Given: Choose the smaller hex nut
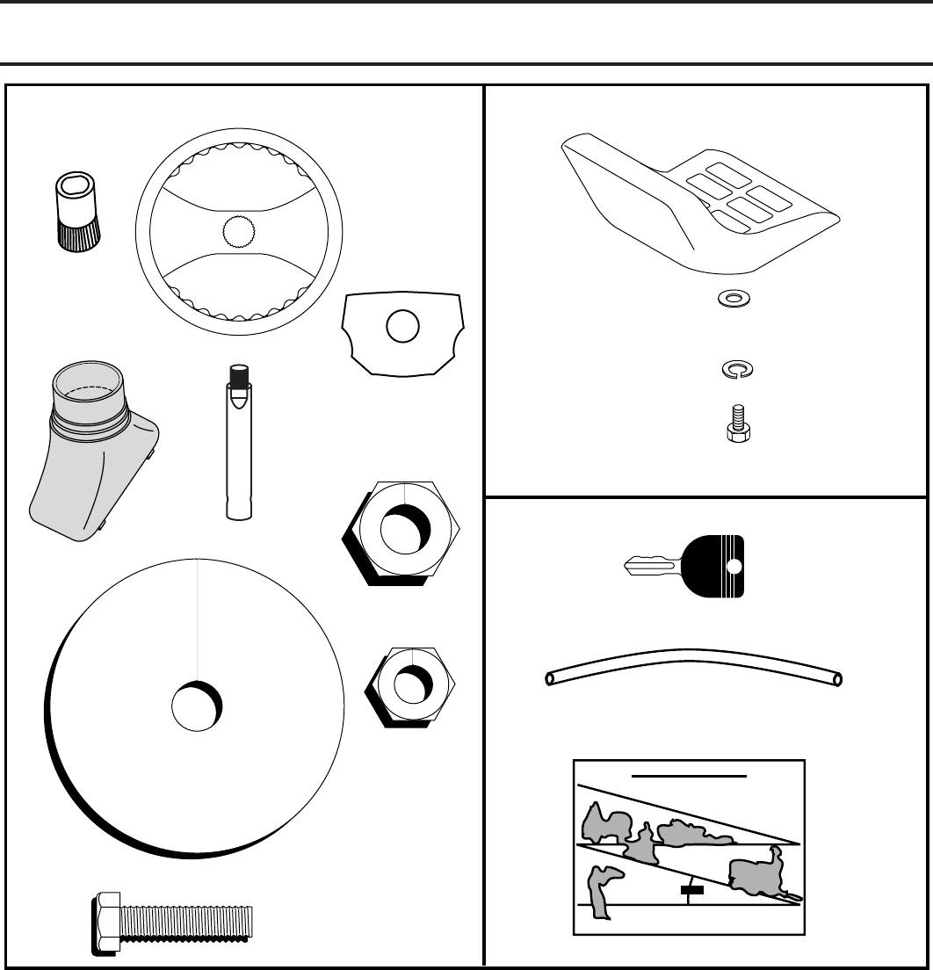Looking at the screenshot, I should pos(409,684).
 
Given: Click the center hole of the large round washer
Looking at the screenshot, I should pos(196,707).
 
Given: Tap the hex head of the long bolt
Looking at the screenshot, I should pos(106,922).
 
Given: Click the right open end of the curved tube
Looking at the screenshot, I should pos(838,678).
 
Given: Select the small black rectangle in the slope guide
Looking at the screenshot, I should pos(693,890).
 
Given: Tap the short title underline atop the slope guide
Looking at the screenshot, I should pos(691,776).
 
